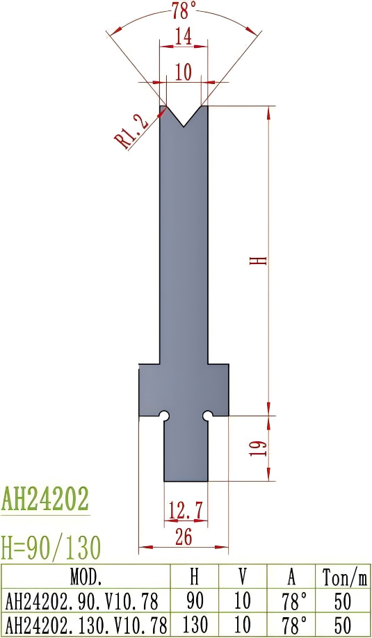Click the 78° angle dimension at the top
coord(184,10)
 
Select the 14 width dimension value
coord(184,38)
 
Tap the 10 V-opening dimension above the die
coord(184,73)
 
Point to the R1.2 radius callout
coord(132,132)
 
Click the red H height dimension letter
coord(259,261)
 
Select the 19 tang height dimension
coord(259,448)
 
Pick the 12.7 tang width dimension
coord(186,511)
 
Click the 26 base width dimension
coord(184,536)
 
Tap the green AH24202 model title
coord(45,500)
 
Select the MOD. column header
coord(86,577)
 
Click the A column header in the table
coord(293,577)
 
